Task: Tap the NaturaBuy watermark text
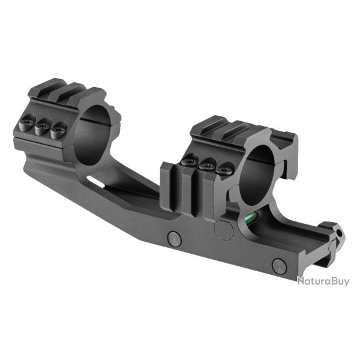coord(323,281)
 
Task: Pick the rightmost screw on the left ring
coord(58,130)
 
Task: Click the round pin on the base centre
coord(175,239)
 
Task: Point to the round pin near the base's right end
coord(279,266)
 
